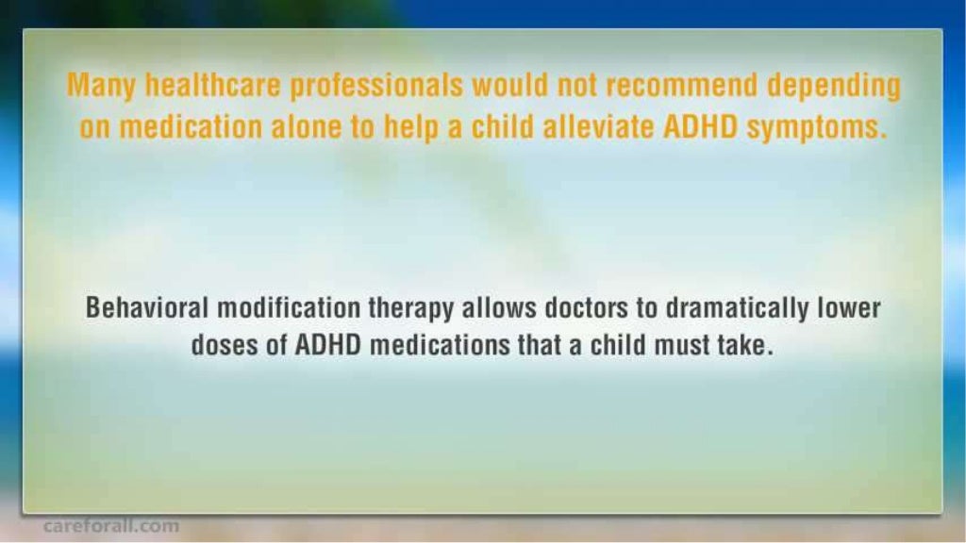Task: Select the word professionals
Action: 376,87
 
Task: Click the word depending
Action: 834,87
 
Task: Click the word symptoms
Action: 816,128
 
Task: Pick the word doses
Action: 225,344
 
